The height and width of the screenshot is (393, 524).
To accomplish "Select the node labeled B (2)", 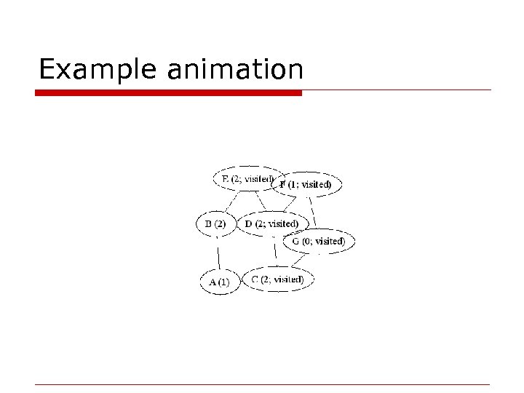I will pyautogui.click(x=215, y=223).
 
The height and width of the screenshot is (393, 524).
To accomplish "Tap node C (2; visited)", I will pyautogui.click(x=277, y=279).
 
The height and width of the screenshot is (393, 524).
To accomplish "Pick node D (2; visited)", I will pyautogui.click(x=271, y=223).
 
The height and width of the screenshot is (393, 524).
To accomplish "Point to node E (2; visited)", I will pyautogui.click(x=247, y=178).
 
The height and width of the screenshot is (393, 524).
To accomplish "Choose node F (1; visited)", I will pyautogui.click(x=306, y=185).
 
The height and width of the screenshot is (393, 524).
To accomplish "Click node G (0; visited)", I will pyautogui.click(x=319, y=241).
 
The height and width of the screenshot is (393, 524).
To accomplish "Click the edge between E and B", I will pyautogui.click(x=229, y=201).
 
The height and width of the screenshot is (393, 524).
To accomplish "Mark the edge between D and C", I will pyautogui.click(x=275, y=252).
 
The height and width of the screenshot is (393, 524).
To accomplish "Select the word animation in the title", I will pyautogui.click(x=234, y=70).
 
